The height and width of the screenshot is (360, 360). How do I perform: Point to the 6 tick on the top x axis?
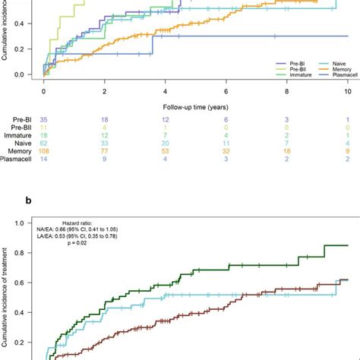pyautogui.click(x=226, y=90)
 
